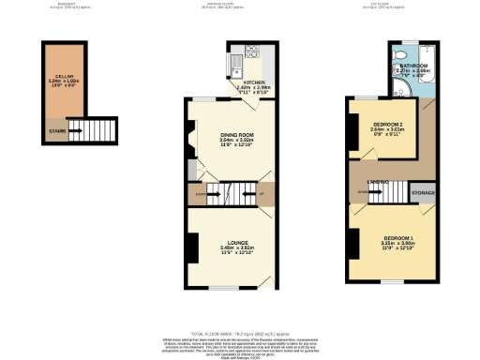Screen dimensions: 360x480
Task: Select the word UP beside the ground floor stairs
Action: coord(273,195)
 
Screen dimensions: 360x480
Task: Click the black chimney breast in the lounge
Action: coord(191,247)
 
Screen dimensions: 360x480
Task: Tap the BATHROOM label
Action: coord(413,65)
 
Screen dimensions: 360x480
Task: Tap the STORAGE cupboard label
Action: coord(423,194)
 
